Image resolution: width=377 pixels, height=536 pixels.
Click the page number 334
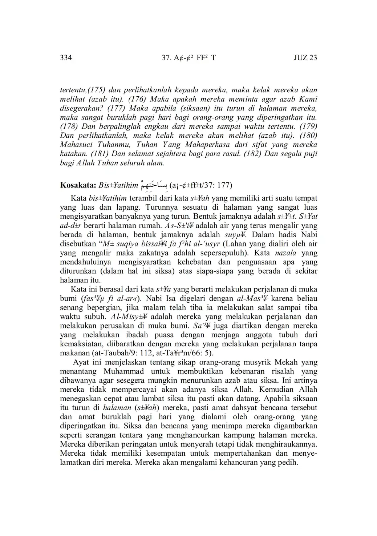pos(66,58)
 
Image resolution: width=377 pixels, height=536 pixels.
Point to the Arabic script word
pos(154,185)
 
